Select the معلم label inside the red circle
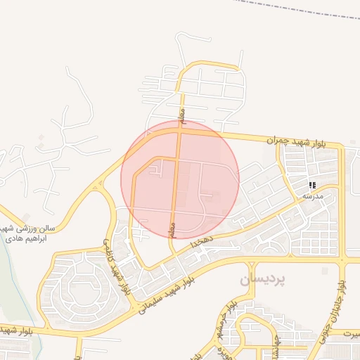tap(171, 229)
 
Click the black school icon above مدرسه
tap(311, 186)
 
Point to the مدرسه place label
tap(312, 197)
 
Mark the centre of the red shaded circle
tap(180, 179)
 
